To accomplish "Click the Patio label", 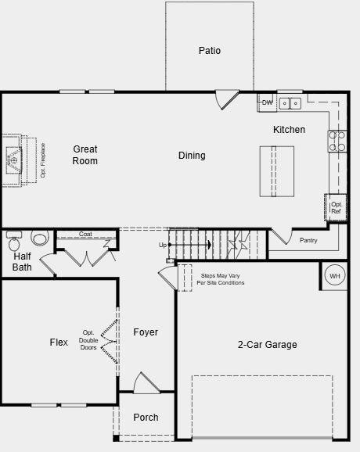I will [209, 51].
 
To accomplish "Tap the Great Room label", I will [85, 155].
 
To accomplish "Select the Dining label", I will [192, 156].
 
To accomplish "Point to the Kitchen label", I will [289, 130].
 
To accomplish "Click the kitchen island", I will [277, 171].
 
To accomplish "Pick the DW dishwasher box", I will [267, 102].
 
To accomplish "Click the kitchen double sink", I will [291, 102].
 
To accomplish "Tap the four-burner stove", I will [337, 141].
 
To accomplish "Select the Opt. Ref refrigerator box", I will [336, 207].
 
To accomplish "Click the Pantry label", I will [308, 240].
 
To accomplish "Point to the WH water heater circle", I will [334, 276].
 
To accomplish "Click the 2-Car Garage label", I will [267, 345].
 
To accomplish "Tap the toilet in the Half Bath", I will [39, 238].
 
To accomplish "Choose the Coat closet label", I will [85, 234].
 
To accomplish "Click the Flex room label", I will [59, 343].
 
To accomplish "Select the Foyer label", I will [146, 332].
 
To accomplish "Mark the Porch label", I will [146, 418].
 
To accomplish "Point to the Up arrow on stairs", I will [188, 245].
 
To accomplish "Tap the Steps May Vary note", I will [222, 279].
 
